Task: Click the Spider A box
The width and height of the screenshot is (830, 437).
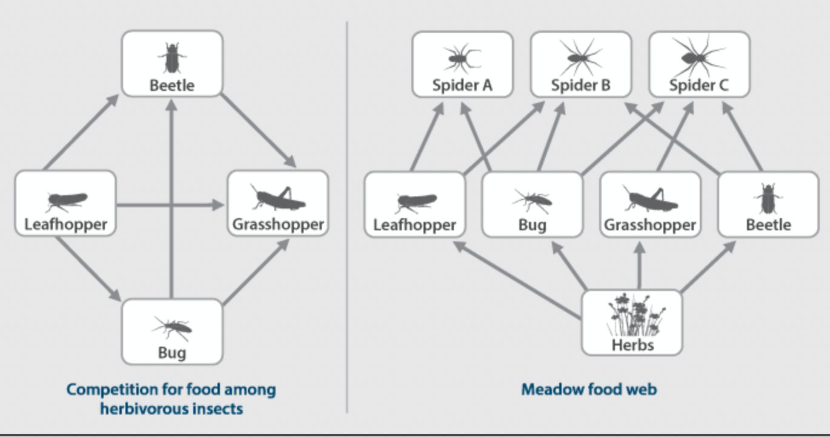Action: [462, 64]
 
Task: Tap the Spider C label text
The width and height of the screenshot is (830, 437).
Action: [699, 85]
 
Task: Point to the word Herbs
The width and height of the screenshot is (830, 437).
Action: [632, 345]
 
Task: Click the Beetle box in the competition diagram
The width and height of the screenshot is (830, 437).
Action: [172, 64]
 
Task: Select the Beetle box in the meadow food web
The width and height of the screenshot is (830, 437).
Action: [768, 204]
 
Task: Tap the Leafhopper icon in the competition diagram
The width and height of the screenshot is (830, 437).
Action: [66, 201]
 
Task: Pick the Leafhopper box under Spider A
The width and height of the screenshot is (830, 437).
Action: [414, 204]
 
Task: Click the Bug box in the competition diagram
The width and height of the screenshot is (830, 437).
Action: [172, 332]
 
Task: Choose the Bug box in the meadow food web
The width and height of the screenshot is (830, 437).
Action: [532, 204]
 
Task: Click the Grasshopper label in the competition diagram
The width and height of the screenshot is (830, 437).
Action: [278, 224]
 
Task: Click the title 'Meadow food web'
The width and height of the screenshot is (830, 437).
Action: [589, 389]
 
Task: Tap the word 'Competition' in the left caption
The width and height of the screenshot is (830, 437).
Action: [104, 389]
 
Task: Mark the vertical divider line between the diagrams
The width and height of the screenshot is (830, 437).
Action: [347, 242]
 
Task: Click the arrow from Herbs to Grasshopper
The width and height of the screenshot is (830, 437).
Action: [639, 267]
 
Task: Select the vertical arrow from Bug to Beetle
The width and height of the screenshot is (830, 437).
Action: [172, 200]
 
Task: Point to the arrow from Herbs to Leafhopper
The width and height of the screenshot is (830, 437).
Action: [515, 279]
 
